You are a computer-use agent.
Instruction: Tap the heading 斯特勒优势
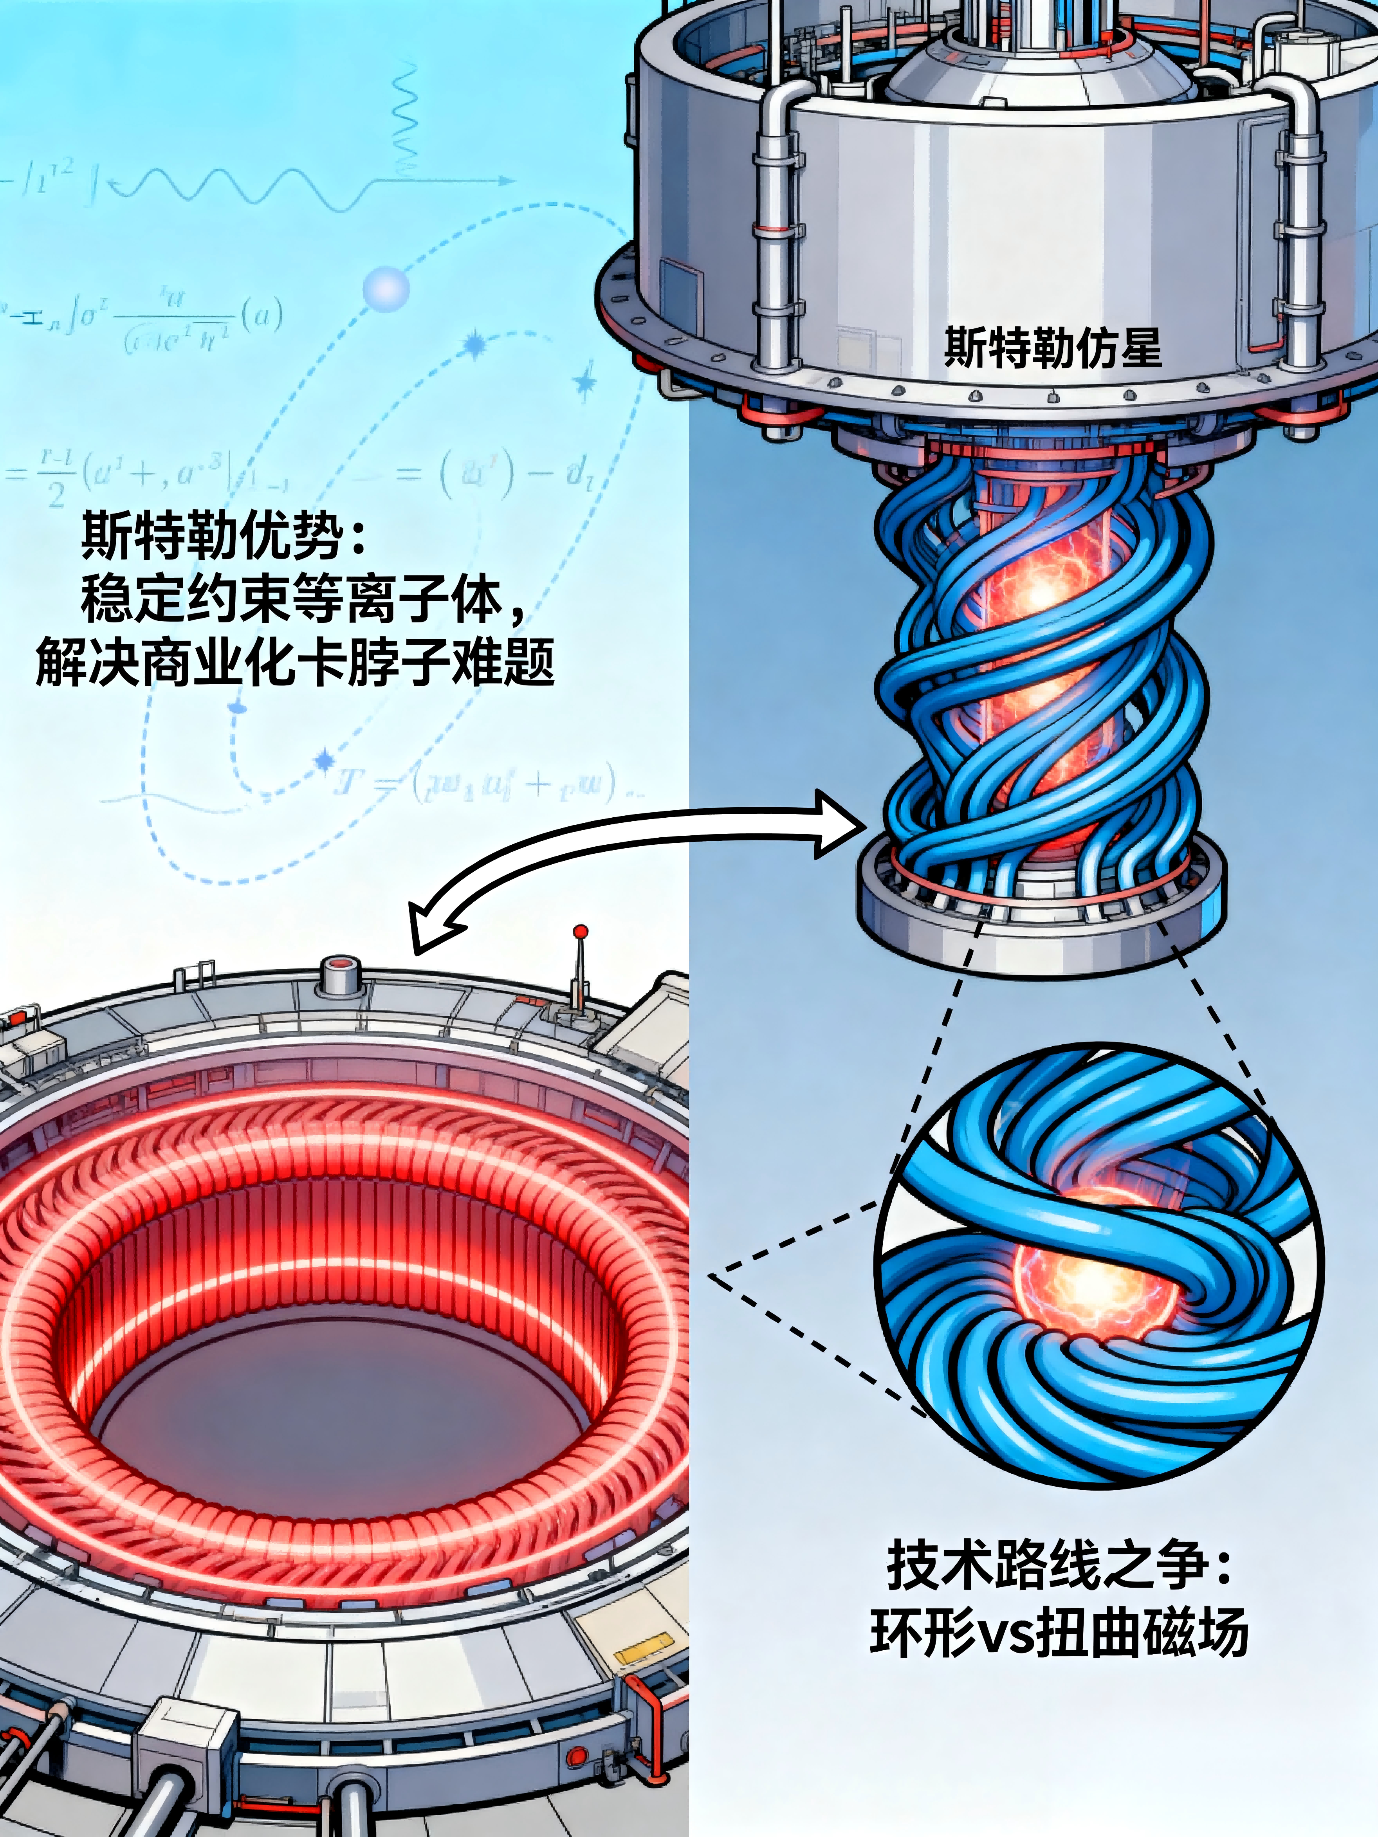click(x=224, y=535)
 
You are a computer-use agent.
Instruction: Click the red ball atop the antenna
click(x=581, y=932)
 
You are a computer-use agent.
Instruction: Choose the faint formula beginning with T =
click(x=482, y=783)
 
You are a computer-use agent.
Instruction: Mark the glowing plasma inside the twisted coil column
click(x=1038, y=598)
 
